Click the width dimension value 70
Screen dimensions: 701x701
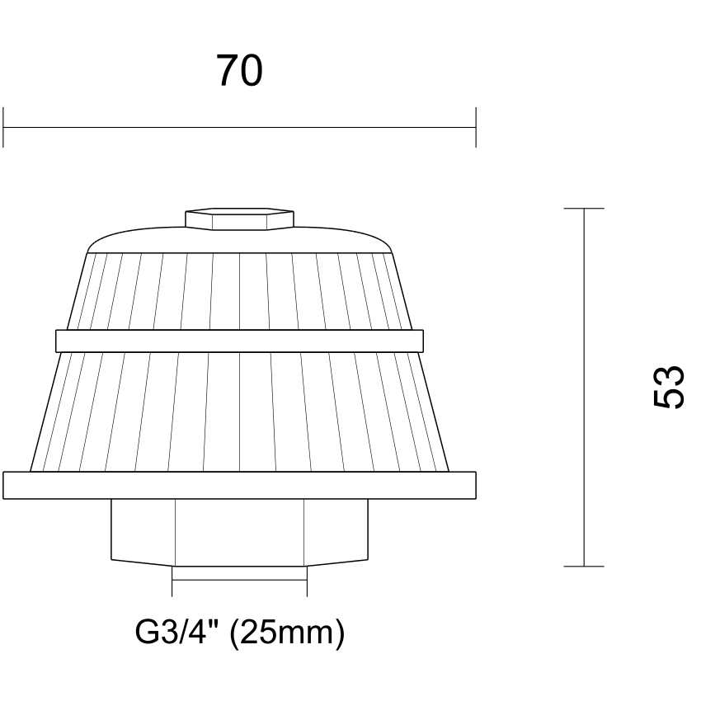(x=239, y=71)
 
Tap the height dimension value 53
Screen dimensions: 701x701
(x=669, y=387)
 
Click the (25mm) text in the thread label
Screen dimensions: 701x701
(x=287, y=633)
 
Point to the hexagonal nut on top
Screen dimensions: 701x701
(x=240, y=219)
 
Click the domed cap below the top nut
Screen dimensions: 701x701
(x=240, y=241)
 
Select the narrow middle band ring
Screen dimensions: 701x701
(x=240, y=341)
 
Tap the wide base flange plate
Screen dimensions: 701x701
(x=240, y=485)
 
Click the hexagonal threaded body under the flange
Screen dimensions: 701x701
(x=240, y=532)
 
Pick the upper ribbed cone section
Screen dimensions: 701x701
(x=240, y=291)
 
